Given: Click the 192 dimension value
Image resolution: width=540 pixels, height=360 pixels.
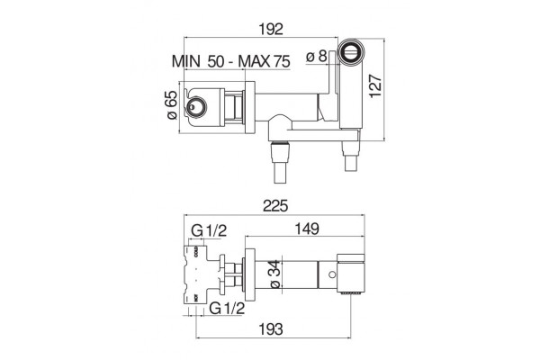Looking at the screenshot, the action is coord(271,29).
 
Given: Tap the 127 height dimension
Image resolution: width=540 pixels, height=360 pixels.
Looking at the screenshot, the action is coord(375,86).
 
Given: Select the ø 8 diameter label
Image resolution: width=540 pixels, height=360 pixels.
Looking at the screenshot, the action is coord(316,56).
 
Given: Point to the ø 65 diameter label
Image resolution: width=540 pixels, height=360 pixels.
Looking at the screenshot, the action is coord(172,104).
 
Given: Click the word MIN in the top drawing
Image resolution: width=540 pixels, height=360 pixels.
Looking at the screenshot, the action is coord(186,61).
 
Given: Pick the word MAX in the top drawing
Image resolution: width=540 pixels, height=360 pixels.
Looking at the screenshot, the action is coord(255,61).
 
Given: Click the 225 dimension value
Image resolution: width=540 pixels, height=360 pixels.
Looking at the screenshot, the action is coord(275,206).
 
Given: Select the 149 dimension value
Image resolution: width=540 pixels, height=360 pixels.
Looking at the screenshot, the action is coord(307,229).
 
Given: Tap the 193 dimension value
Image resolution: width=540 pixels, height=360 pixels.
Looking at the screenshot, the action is coord(271,329).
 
